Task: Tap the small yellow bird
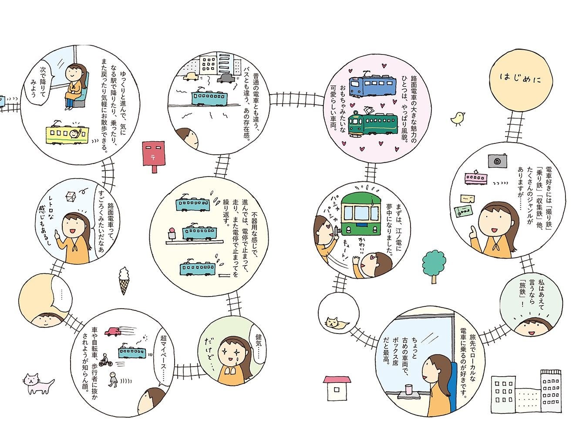(458, 118)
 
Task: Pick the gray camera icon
(497, 160)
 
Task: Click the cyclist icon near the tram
(105, 361)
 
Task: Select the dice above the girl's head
(70, 197)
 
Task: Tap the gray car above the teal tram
(225, 78)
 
